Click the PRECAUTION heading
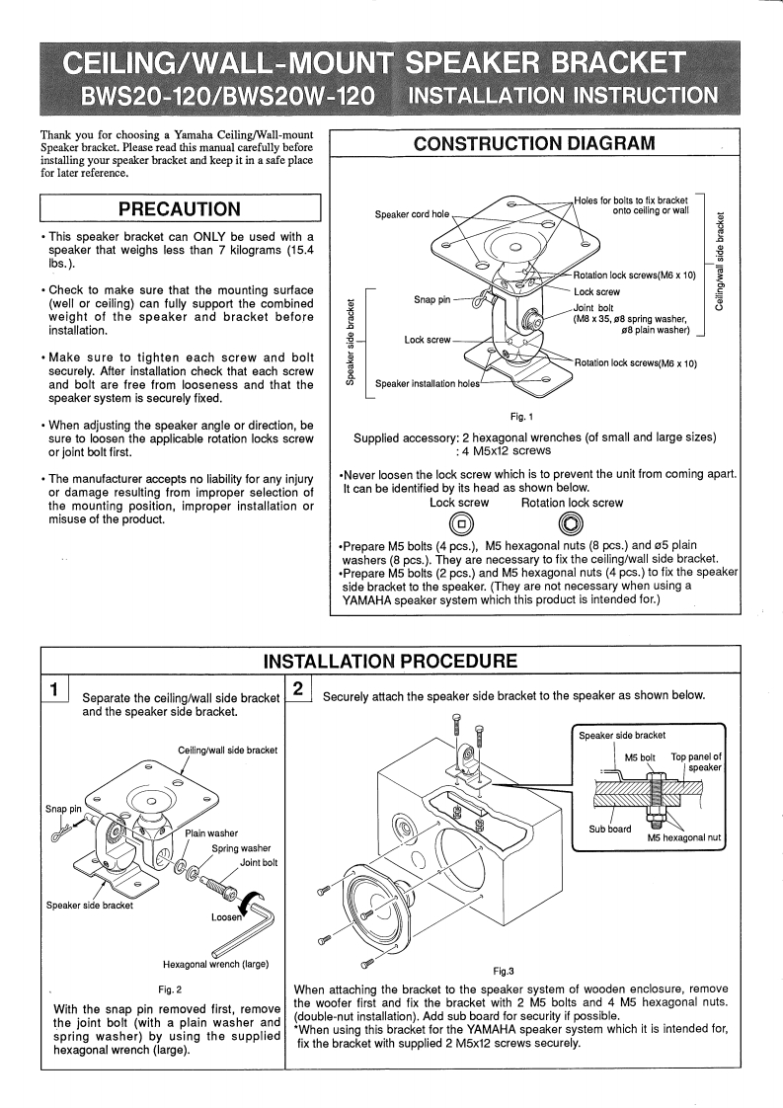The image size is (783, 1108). pyautogui.click(x=179, y=209)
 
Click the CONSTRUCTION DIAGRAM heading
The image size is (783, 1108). pyautogui.click(x=534, y=143)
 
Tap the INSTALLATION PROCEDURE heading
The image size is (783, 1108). pyautogui.click(x=390, y=660)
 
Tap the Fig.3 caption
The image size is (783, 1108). pyautogui.click(x=505, y=971)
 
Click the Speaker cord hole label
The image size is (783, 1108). pyautogui.click(x=411, y=213)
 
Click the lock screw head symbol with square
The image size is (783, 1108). pyautogui.click(x=461, y=524)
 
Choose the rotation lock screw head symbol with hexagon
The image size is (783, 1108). pyautogui.click(x=571, y=524)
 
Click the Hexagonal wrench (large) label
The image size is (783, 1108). pyautogui.click(x=212, y=964)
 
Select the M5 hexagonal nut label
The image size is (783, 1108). pyautogui.click(x=684, y=837)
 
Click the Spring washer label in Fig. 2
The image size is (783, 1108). pyautogui.click(x=237, y=847)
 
